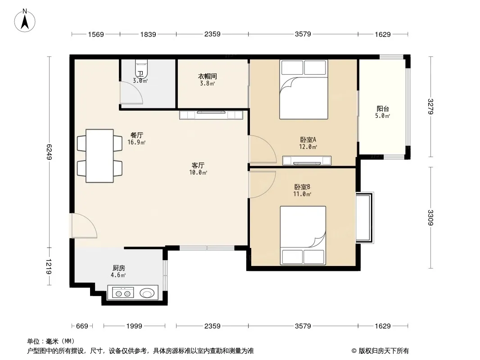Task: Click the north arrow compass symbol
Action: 25,21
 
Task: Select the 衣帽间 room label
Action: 207,76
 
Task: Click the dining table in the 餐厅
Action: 100,156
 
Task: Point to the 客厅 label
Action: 198,166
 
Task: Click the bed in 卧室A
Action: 303,89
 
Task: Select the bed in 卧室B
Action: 303,235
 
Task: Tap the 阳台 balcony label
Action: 383,108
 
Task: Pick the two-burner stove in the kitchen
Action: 123,292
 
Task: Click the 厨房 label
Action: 118,268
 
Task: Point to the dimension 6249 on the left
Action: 49,152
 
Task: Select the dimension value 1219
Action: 49,266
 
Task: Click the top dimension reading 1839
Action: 148,34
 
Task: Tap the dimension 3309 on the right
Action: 431,217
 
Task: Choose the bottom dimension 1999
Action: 134,326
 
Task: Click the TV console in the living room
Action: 211,115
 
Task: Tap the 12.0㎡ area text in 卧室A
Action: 308,147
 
